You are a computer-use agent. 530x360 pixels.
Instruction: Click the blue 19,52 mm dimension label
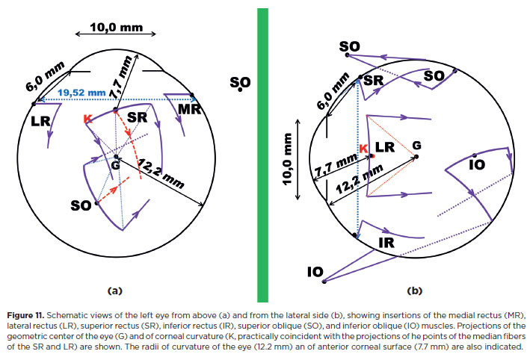(x=81, y=93)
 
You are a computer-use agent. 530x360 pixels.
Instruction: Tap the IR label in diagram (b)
(x=386, y=243)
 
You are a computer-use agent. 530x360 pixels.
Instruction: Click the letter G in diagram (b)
(x=416, y=143)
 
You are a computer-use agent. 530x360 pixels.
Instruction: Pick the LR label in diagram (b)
(x=385, y=147)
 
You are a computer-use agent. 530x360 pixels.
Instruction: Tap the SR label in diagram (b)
(x=375, y=80)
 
